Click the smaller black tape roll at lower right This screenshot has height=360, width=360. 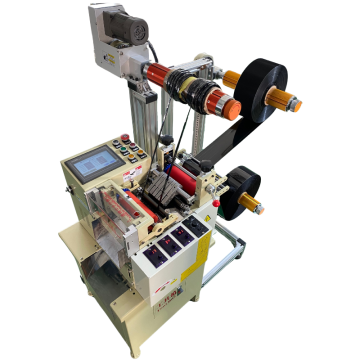[240, 190]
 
